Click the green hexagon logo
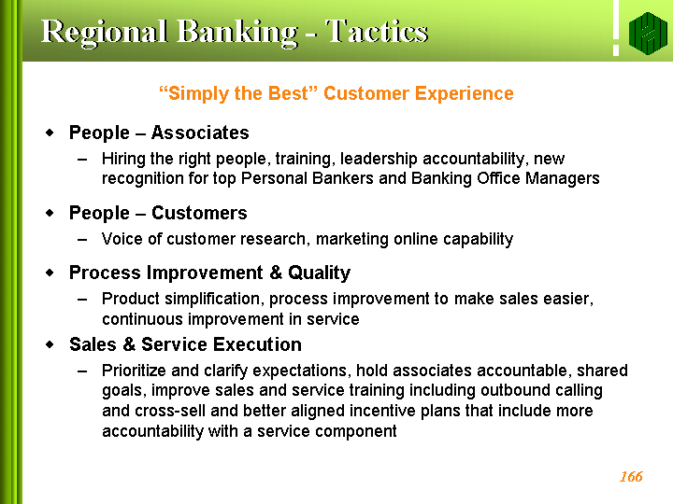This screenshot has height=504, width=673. [x=648, y=34]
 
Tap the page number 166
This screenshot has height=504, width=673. [x=631, y=477]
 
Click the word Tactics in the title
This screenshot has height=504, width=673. [x=377, y=32]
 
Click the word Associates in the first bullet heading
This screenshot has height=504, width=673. [x=200, y=133]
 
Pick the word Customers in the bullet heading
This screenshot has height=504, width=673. [x=200, y=213]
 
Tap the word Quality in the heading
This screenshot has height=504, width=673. [x=320, y=273]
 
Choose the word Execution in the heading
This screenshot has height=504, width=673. [x=258, y=344]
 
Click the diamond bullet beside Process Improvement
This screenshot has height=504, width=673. [x=50, y=273]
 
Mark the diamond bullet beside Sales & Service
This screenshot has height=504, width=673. [x=50, y=344]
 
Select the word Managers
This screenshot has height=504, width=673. [x=563, y=178]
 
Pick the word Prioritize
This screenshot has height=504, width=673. [x=134, y=371]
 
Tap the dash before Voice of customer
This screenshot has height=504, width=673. [x=82, y=240]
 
